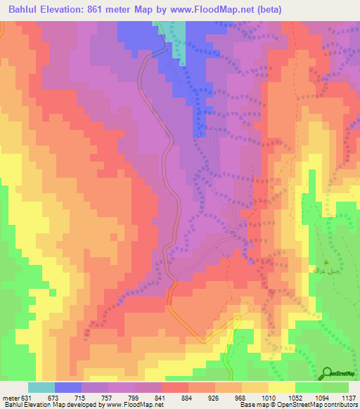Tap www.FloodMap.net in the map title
click(x=232, y=10)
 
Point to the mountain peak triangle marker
click(x=324, y=260)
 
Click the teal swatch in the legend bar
click(x=41, y=387)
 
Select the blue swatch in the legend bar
click(x=68, y=387)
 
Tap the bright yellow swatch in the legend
click(x=281, y=387)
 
